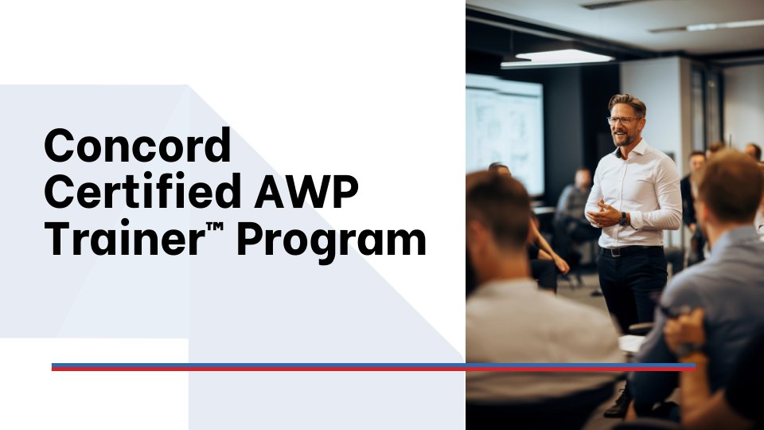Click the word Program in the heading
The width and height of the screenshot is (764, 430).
pos(331,241)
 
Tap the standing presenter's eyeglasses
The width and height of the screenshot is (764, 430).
pos(623,121)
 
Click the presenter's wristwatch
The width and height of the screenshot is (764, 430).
pos(623,218)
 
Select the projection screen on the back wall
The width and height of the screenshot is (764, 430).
pos(505,131)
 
